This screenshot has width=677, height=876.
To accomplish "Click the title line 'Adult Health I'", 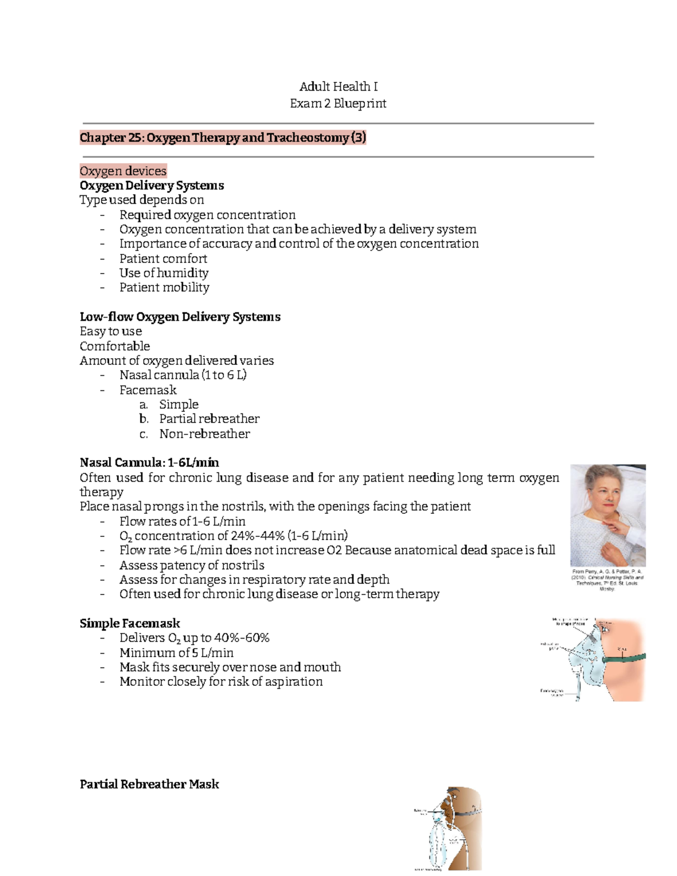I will [338, 86].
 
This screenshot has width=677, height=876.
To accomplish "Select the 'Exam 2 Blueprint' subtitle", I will [338, 103].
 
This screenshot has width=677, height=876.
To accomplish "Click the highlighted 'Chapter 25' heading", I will [223, 138].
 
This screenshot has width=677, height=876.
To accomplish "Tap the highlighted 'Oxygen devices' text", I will [123, 171].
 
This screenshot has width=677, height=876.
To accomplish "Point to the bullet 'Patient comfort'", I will [163, 258].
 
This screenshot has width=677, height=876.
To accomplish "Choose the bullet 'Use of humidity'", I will [164, 273].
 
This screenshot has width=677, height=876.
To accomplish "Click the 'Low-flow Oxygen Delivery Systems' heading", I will [180, 317].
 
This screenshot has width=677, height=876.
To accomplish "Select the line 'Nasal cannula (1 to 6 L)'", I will [183, 375].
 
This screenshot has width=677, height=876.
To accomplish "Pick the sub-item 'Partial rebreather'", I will [209, 419].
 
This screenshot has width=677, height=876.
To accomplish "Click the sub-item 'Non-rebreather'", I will [204, 434].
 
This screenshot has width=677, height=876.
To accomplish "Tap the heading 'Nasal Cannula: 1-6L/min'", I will [150, 463].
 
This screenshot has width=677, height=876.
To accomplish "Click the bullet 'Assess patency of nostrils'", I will [192, 565].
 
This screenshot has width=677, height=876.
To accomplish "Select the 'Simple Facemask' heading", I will [130, 623].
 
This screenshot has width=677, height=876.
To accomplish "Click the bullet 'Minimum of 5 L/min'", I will [177, 653].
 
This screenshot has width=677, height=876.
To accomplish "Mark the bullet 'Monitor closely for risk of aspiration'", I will [221, 681].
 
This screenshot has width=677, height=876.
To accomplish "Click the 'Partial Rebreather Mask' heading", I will [150, 784].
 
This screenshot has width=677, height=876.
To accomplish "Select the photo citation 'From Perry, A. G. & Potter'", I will [607, 571].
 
